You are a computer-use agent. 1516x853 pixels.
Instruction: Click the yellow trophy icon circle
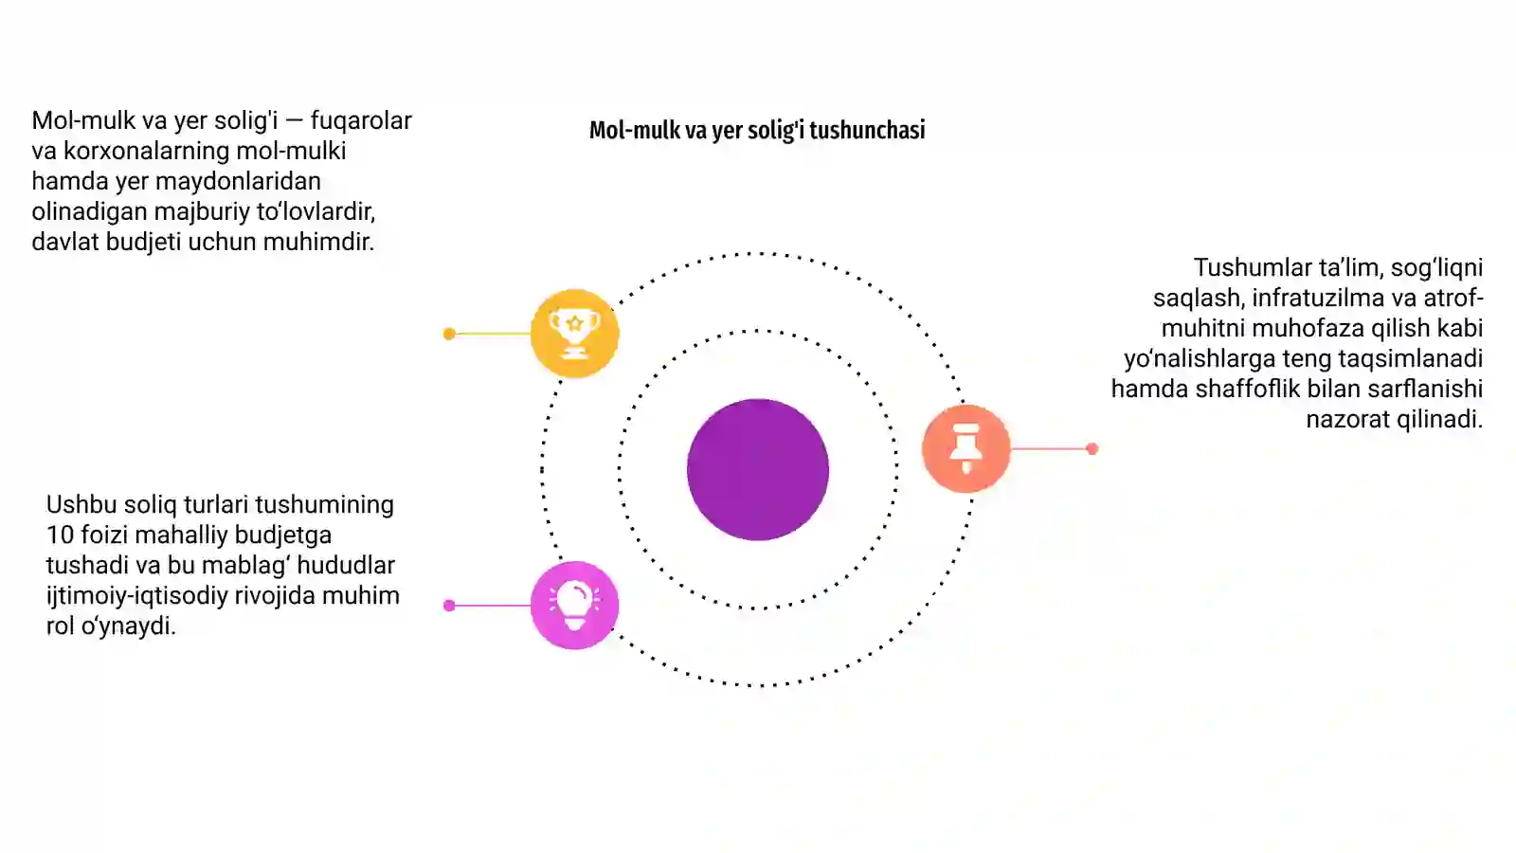(574, 333)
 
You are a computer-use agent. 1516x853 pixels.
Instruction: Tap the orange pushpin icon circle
(966, 448)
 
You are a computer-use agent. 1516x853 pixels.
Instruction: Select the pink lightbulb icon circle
(574, 606)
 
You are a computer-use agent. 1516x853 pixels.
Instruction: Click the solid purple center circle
(758, 470)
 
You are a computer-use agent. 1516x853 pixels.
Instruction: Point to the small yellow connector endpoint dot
(449, 334)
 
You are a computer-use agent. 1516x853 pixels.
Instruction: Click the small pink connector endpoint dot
(449, 606)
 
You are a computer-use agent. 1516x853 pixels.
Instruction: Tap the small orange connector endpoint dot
(1092, 448)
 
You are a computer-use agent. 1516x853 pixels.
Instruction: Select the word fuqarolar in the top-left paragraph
(361, 120)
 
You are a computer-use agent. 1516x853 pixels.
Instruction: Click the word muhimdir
(318, 242)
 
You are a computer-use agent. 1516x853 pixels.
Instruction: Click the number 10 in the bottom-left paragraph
(60, 535)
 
